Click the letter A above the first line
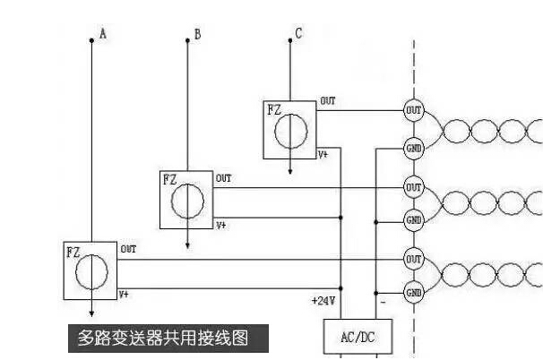click(x=103, y=34)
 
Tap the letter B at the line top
click(x=197, y=35)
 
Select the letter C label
click(x=298, y=35)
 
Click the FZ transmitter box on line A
click(x=90, y=270)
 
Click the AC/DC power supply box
click(x=352, y=337)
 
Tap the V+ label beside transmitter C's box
click(x=323, y=154)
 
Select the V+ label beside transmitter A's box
click(x=125, y=294)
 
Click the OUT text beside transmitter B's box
click(x=223, y=178)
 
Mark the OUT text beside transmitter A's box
click(x=128, y=249)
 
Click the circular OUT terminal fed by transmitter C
click(x=413, y=111)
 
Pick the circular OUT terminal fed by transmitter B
click(x=413, y=188)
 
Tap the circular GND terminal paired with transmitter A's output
click(x=413, y=292)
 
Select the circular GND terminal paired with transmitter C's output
click(x=413, y=148)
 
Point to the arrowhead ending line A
click(x=90, y=313)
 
